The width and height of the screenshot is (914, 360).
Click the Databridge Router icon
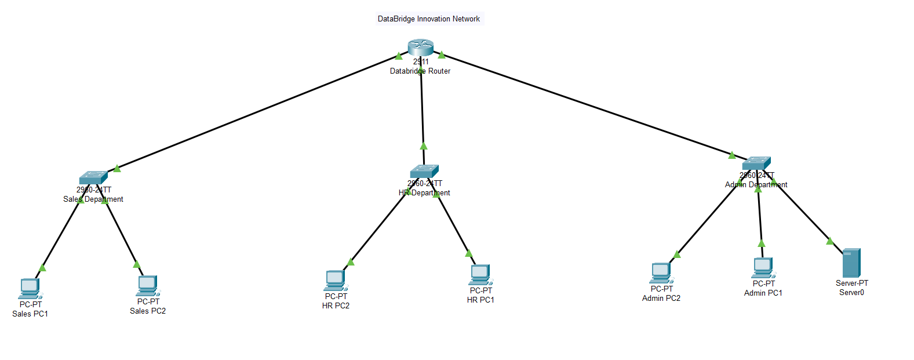tap(420, 47)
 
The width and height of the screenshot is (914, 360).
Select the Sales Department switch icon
tap(93, 177)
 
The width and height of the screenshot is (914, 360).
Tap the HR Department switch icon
tap(424, 171)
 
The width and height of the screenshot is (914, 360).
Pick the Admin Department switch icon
tap(756, 163)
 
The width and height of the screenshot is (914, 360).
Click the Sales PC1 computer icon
tap(30, 288)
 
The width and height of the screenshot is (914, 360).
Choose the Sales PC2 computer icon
tap(147, 285)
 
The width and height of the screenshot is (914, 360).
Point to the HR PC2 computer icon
tap(335, 280)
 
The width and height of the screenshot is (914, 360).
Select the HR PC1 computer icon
tap(480, 274)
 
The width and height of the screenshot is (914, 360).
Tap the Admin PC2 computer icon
tap(661, 272)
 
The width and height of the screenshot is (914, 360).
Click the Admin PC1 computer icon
tap(763, 268)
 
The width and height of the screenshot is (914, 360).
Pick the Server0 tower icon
tap(851, 263)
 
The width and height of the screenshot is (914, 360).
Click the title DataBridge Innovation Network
tap(429, 19)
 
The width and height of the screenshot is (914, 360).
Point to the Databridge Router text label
tap(420, 71)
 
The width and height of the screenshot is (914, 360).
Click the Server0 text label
tap(851, 293)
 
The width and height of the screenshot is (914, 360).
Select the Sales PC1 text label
tap(30, 314)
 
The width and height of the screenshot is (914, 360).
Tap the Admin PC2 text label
tap(661, 298)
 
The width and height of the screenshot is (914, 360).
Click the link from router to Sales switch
tap(255, 112)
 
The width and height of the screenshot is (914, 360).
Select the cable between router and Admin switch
tap(585, 104)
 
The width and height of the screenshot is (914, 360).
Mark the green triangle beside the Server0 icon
tap(830, 241)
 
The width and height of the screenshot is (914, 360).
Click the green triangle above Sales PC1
tap(42, 267)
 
